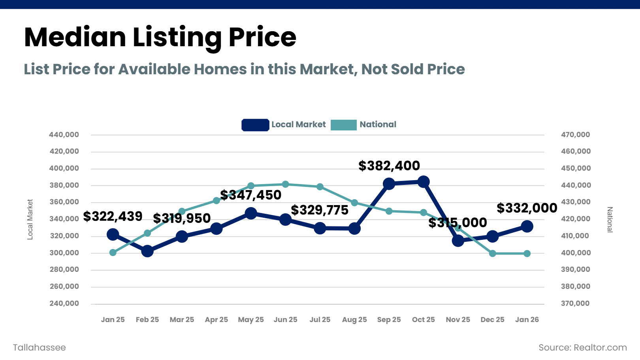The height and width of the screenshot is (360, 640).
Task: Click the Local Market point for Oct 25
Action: (424, 182)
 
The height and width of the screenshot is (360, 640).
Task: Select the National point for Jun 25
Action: (286, 184)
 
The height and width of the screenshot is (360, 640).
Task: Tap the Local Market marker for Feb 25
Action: (147, 251)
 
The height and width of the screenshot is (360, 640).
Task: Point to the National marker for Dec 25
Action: (493, 253)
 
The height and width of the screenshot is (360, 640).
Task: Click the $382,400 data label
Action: (389, 166)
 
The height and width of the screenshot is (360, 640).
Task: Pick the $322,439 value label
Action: (113, 216)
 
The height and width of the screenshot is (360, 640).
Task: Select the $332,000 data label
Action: (527, 208)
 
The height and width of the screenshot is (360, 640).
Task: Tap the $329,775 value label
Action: (320, 210)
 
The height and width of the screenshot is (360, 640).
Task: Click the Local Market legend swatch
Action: (255, 125)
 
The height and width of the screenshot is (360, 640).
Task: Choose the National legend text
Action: (378, 124)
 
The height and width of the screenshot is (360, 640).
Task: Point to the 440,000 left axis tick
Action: (64, 135)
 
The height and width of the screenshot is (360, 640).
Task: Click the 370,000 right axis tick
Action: (576, 303)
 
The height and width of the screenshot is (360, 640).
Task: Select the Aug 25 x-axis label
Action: (354, 320)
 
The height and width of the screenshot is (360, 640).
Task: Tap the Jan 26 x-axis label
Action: (527, 320)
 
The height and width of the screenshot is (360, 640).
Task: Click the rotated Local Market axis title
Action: (30, 219)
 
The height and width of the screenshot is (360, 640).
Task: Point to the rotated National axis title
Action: (610, 219)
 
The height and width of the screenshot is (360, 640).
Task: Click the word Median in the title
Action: (75, 37)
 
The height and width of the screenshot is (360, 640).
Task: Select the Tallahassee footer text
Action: (40, 348)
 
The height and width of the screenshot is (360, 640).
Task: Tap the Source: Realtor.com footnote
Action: (583, 348)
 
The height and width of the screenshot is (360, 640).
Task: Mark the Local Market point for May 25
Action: (251, 213)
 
